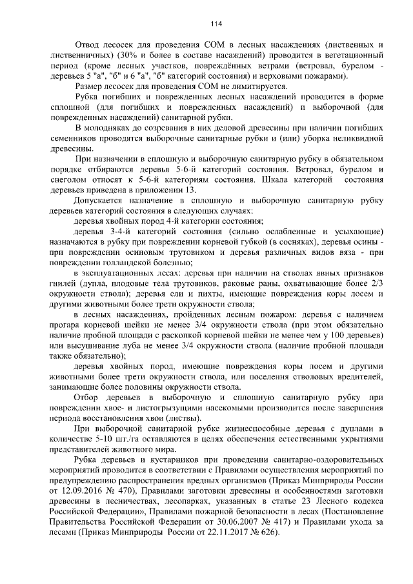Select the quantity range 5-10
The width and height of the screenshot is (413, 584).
click(114, 439)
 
